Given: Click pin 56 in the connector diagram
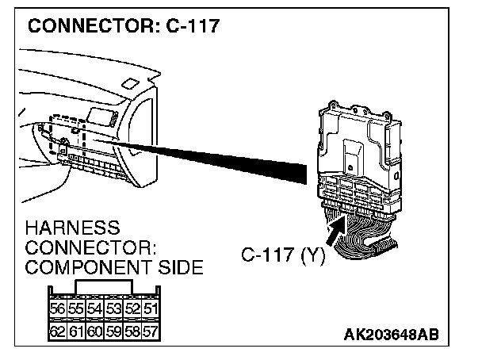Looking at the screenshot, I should pyautogui.click(x=58, y=308).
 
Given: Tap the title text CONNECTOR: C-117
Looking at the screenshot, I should pyautogui.click(x=124, y=26).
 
